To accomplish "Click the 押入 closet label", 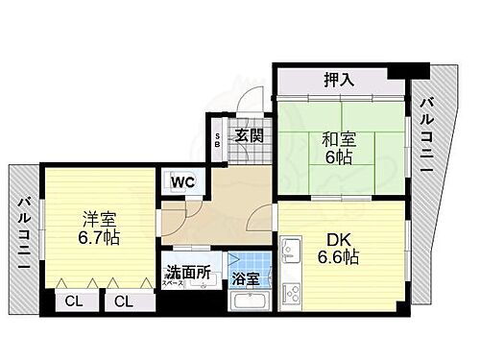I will point(339,80).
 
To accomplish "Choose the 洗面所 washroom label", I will point(189,273).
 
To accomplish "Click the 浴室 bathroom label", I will point(246,279).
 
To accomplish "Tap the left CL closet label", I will point(73,301).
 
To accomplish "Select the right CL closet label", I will point(124,301).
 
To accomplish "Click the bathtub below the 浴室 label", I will point(253,300).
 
